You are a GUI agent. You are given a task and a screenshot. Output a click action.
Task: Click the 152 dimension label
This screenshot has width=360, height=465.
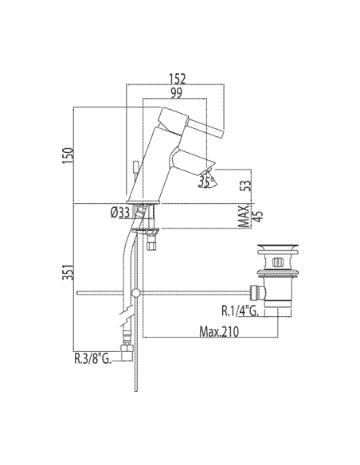177,79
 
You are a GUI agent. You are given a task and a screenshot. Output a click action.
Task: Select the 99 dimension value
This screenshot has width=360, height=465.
176,93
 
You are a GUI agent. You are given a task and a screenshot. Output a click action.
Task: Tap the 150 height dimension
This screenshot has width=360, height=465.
68,155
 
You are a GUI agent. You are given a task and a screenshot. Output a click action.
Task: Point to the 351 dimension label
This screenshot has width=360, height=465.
68,272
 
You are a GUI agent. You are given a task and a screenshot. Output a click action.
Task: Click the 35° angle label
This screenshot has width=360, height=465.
207,182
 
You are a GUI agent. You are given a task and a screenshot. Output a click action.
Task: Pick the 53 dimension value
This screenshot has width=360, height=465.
246,185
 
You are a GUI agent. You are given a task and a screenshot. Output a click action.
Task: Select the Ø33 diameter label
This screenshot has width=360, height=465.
120,213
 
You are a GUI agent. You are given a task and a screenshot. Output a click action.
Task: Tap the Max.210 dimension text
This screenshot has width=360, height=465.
219,331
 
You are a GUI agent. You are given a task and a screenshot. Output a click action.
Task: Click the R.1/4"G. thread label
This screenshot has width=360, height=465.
241,311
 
